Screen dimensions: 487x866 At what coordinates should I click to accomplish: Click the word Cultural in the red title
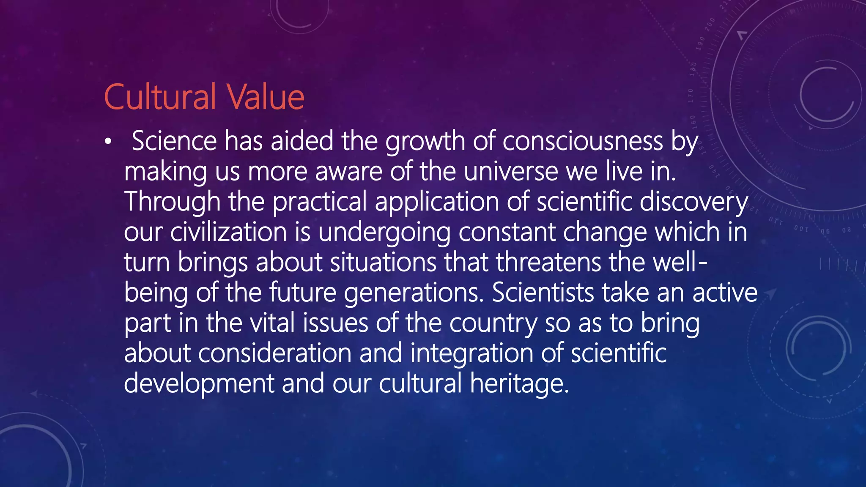coord(160,97)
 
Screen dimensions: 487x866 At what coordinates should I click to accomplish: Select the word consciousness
coord(583,141)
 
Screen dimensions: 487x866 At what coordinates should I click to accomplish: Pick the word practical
coord(320,202)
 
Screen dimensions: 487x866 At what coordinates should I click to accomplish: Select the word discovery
coord(693,202)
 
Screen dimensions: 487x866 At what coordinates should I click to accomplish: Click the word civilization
coord(229,232)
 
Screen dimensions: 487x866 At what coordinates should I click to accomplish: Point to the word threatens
coord(548,262)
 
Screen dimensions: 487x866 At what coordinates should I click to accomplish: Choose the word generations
coord(414,293)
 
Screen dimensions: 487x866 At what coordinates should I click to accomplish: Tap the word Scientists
coord(543,293)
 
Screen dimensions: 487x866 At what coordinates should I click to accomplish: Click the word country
coord(493,323)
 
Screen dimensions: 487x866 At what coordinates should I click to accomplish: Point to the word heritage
coord(520,384)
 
